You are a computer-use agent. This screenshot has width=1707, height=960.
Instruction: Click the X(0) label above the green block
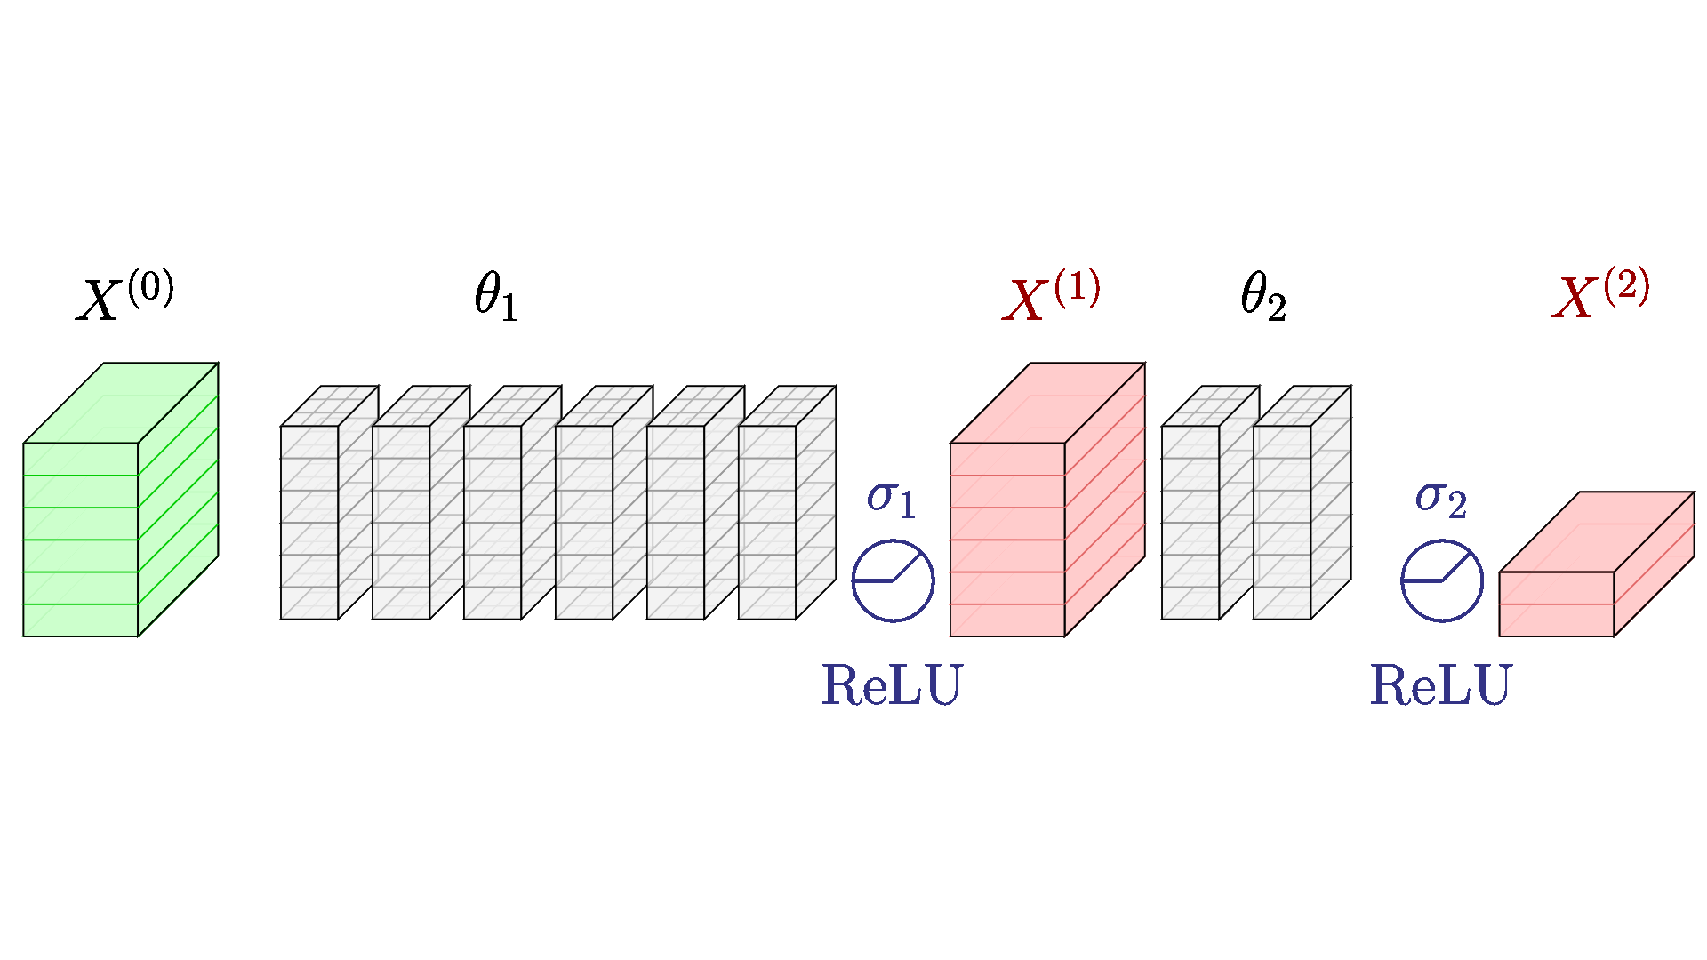click(125, 296)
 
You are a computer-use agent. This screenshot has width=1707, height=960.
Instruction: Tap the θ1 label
click(495, 295)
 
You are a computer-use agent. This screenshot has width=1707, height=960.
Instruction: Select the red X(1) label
click(1052, 296)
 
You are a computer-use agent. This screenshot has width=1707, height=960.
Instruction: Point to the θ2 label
click(1263, 295)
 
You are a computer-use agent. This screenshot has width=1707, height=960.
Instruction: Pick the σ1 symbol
click(891, 499)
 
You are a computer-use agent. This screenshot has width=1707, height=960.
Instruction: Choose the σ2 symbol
click(1440, 499)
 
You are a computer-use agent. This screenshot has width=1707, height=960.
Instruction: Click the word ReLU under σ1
click(892, 685)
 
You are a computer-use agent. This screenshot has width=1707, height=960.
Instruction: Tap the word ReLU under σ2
click(1441, 685)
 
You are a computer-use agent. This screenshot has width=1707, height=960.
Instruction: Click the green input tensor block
click(121, 500)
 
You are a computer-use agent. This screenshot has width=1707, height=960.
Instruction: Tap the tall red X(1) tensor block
click(1047, 500)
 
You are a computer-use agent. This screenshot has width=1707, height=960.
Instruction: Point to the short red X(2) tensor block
click(1597, 564)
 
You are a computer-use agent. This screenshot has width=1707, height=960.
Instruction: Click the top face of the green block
click(121, 403)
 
